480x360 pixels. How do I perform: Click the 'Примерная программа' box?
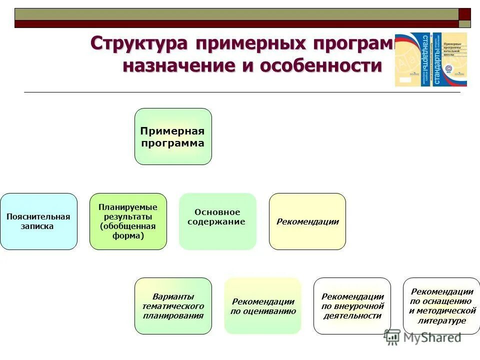[173, 136]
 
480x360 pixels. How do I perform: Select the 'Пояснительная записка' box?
[38, 221]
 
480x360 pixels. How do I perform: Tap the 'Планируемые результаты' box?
[128, 221]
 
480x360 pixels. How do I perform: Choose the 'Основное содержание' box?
[217, 221]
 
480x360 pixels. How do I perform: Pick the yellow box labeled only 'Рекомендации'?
[307, 221]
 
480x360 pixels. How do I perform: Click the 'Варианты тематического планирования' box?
[173, 306]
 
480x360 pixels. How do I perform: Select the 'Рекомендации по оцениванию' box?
[263, 306]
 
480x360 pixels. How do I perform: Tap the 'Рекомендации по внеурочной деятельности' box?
[352, 306]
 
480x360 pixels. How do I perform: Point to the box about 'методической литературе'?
[441, 306]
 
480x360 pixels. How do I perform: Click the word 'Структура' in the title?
[138, 43]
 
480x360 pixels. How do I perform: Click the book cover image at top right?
[431, 59]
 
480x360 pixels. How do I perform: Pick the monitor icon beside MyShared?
[392, 337]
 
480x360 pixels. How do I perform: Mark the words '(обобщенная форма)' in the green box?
[128, 231]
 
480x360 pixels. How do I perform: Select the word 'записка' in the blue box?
[38, 226]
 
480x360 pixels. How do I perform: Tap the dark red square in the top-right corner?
[465, 14]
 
